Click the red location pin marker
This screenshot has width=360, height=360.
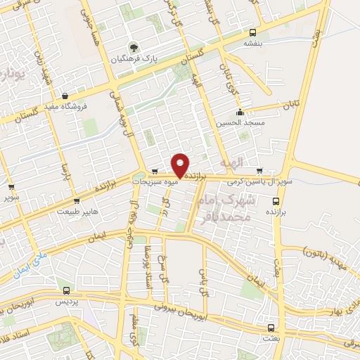[x=181, y=165]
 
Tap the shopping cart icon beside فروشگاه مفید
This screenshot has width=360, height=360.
[x=65, y=96]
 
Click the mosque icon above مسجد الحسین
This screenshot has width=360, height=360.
[x=240, y=111]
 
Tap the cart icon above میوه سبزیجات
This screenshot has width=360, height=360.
[x=154, y=171]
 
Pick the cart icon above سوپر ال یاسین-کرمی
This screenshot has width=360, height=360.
[x=259, y=171]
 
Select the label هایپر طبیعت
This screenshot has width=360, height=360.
[x=79, y=210]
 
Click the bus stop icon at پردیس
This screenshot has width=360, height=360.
[x=66, y=290]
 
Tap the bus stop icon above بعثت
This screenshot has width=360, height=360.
[x=271, y=328]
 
